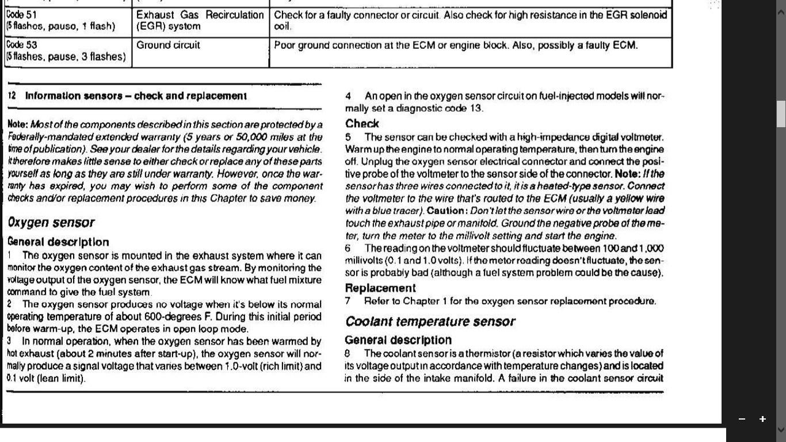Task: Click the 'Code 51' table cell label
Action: [x=21, y=16]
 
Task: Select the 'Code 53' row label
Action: [x=21, y=45]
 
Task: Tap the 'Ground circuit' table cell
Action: [x=168, y=45]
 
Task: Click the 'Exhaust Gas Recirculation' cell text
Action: [x=200, y=16]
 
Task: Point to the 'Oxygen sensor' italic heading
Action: [x=51, y=223]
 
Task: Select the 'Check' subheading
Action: [x=362, y=124]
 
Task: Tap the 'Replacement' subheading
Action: [x=380, y=288]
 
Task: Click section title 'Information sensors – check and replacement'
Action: [x=136, y=96]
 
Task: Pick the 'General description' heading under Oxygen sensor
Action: [x=58, y=242]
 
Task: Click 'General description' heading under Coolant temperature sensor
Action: [x=398, y=340]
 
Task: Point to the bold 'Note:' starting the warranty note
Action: [x=17, y=125]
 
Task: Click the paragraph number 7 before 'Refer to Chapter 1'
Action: [x=348, y=301]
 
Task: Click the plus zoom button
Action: [x=762, y=419]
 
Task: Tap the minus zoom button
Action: [x=742, y=419]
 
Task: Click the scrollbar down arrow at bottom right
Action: [x=781, y=429]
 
